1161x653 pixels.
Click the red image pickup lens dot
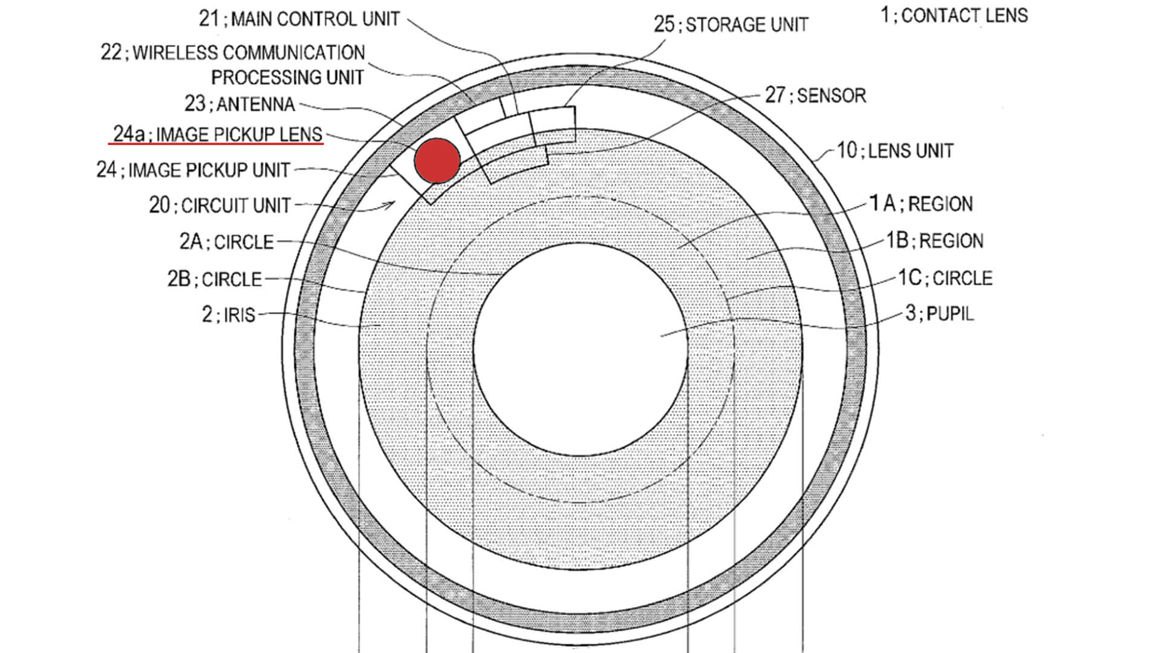[437, 160]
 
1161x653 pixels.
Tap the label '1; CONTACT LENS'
[954, 15]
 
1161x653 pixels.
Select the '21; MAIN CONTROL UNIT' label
[299, 19]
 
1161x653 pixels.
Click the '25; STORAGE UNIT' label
[730, 25]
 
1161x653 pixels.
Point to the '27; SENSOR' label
[815, 96]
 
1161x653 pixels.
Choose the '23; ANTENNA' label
[239, 104]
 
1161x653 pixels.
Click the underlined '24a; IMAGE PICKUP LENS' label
[218, 134]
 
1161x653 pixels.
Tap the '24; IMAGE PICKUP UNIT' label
[193, 170]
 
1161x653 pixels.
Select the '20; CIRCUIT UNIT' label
[220, 206]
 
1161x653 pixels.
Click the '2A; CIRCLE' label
[226, 242]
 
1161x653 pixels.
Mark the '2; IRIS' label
[229, 315]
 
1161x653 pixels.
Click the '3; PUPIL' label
[939, 314]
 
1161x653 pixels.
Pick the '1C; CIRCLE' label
[945, 278]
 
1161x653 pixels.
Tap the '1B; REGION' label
[934, 241]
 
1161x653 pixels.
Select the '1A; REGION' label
[921, 204]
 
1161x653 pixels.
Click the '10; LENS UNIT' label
[895, 151]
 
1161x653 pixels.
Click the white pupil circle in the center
[580, 349]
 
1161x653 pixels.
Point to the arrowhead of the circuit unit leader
[392, 204]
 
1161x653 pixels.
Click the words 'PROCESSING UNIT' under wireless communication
[287, 77]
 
